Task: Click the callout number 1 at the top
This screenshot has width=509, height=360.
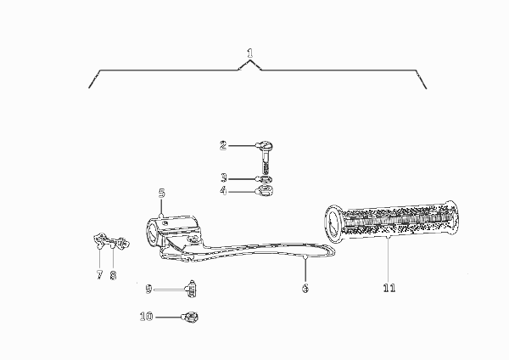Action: click(x=249, y=53)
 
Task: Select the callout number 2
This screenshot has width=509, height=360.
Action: click(x=223, y=145)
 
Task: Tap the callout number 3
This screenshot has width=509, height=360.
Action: click(x=224, y=177)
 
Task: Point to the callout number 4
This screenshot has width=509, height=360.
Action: click(x=223, y=191)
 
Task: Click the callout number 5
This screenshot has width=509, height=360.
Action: click(x=162, y=193)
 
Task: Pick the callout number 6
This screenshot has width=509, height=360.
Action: click(x=305, y=288)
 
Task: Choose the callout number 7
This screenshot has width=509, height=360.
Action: click(x=99, y=275)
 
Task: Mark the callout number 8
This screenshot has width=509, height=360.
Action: click(x=113, y=276)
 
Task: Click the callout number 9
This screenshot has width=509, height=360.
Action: click(x=148, y=289)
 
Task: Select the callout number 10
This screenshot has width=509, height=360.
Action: click(x=147, y=316)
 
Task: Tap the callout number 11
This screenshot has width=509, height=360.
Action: click(x=389, y=288)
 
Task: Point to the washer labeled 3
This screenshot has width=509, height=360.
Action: click(x=266, y=179)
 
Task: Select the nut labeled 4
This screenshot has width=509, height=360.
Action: click(x=266, y=191)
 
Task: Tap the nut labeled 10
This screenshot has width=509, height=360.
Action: click(x=191, y=317)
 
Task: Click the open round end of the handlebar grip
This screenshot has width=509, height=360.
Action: click(x=333, y=224)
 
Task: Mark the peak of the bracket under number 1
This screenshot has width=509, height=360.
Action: click(x=249, y=60)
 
